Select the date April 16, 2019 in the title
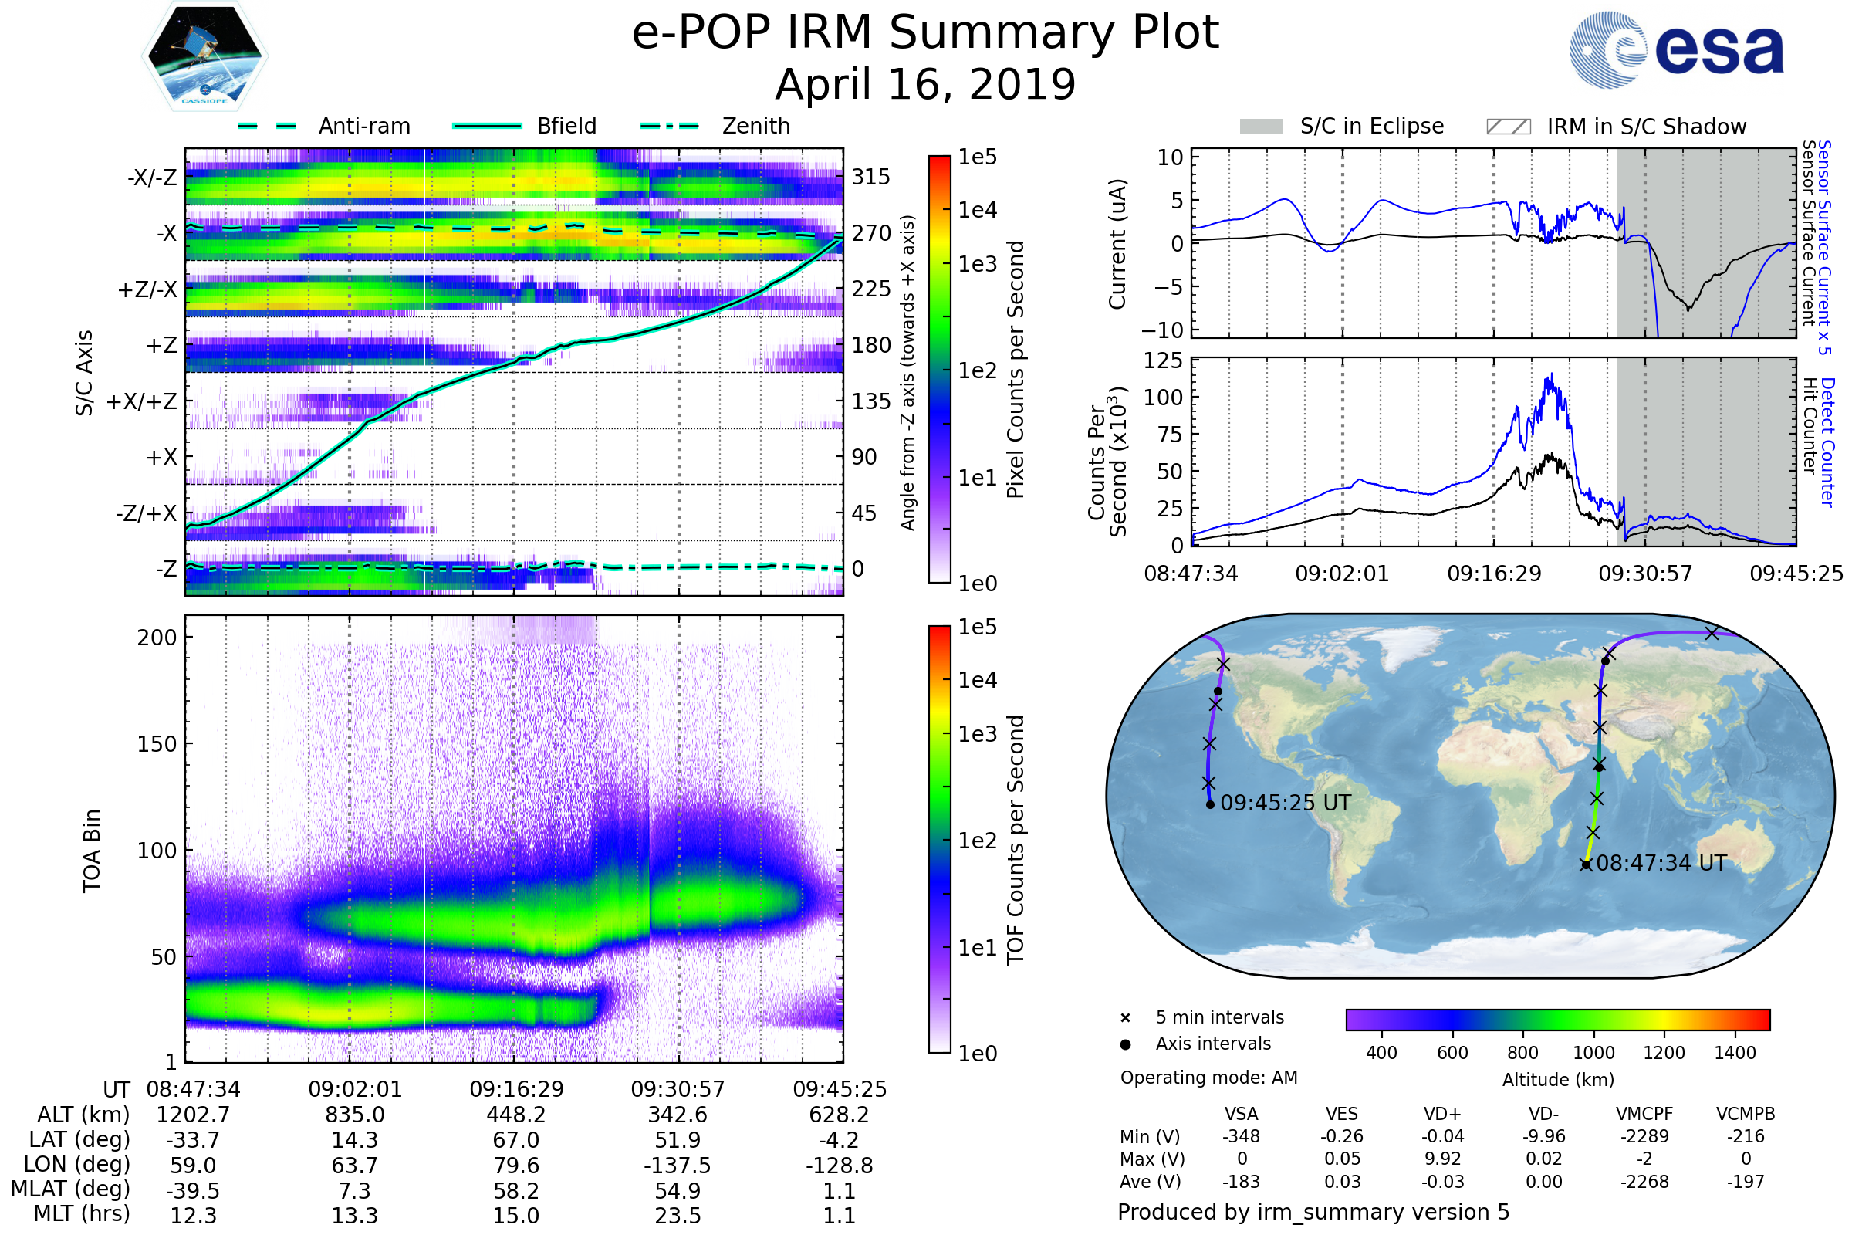[x=925, y=85]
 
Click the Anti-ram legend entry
[x=363, y=126]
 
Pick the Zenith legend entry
[x=755, y=126]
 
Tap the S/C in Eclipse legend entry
[x=1371, y=126]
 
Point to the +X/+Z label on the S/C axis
[x=142, y=401]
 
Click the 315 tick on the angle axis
[x=870, y=177]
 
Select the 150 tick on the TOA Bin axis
[x=157, y=744]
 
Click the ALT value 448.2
[x=515, y=1115]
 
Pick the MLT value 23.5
[x=678, y=1215]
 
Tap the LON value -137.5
[x=678, y=1165]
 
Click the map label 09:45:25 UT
[x=1285, y=804]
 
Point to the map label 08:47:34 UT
[x=1661, y=863]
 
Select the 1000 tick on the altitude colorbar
[x=1593, y=1053]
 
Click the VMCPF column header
[x=1644, y=1114]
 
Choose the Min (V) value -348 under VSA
[x=1241, y=1136]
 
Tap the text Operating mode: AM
[x=1208, y=1078]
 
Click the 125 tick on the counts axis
[x=1163, y=360]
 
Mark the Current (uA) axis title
[x=1117, y=244]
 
